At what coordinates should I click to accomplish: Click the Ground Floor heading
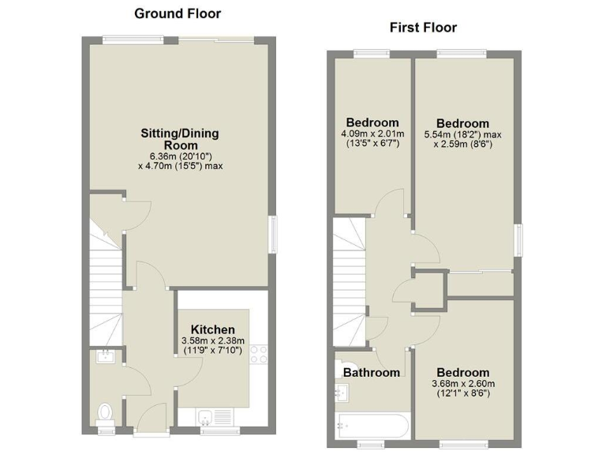pyautogui.click(x=178, y=13)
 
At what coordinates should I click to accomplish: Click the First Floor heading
pyautogui.click(x=423, y=28)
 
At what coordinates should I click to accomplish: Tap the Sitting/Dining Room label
pyautogui.click(x=180, y=139)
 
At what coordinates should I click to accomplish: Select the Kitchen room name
pyautogui.click(x=212, y=329)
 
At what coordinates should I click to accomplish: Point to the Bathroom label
pyautogui.click(x=371, y=372)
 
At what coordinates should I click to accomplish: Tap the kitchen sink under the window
pyautogui.click(x=211, y=416)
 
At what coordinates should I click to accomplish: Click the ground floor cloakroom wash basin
pyautogui.click(x=105, y=358)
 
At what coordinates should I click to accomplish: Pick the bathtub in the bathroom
pyautogui.click(x=371, y=425)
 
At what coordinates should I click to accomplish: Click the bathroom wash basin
pyautogui.click(x=342, y=390)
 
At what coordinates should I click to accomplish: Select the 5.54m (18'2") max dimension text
pyautogui.click(x=462, y=135)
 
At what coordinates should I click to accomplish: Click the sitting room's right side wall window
pyautogui.click(x=274, y=235)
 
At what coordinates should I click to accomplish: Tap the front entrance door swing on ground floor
pyautogui.click(x=148, y=411)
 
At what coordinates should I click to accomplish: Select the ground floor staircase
pyautogui.click(x=105, y=284)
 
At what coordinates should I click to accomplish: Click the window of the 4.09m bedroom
pyautogui.click(x=371, y=54)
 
